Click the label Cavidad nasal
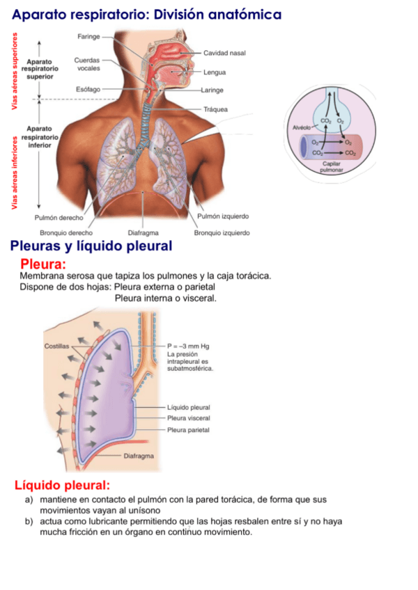click(x=224, y=54)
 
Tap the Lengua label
click(x=215, y=72)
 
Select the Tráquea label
click(x=216, y=109)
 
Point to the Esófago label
click(x=88, y=90)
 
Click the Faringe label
click(x=88, y=35)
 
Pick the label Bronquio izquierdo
click(x=222, y=233)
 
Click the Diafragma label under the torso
click(x=144, y=233)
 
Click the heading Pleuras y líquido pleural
click(x=91, y=247)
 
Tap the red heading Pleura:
click(x=44, y=264)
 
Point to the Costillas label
click(x=57, y=346)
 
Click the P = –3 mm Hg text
click(x=189, y=346)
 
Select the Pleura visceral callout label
click(x=189, y=418)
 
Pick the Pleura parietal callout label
click(x=189, y=430)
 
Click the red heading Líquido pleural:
click(x=62, y=485)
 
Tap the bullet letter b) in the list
click(x=29, y=522)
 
